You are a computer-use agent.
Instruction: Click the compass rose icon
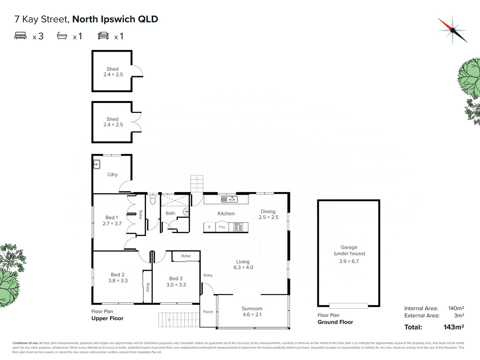(452, 30)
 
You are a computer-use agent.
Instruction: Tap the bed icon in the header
(20, 35)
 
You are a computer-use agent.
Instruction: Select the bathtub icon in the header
(62, 36)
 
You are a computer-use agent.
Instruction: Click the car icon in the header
(103, 36)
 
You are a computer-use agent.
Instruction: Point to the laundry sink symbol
(97, 164)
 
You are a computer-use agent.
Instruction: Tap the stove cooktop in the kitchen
(238, 227)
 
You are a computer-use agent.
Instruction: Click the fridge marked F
(209, 227)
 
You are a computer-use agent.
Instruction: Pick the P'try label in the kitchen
(222, 227)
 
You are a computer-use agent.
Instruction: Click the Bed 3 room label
(176, 278)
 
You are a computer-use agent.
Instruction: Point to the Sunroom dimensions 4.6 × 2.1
(252, 315)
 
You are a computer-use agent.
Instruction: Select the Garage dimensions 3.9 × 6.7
(349, 261)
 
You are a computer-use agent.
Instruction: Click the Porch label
(208, 312)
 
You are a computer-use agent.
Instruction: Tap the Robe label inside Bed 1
(141, 215)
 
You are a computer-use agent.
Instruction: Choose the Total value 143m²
(454, 327)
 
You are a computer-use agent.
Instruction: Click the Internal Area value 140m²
(456, 308)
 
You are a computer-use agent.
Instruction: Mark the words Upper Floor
(107, 318)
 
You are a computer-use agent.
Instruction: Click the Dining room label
(268, 211)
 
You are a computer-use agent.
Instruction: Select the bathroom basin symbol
(186, 211)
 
